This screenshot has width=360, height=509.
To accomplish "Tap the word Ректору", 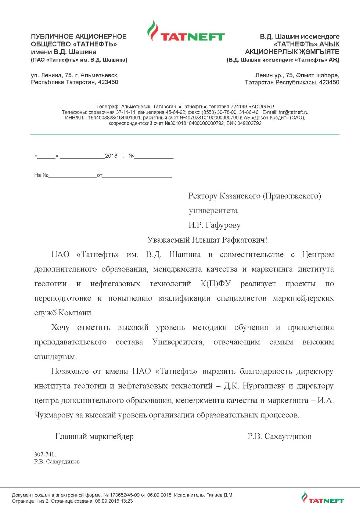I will click(203, 196).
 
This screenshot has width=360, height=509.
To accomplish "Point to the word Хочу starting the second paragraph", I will click(60, 327).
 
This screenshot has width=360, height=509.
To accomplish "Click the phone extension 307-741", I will click(44, 455).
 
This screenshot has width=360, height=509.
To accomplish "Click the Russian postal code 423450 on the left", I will click(108, 82).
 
